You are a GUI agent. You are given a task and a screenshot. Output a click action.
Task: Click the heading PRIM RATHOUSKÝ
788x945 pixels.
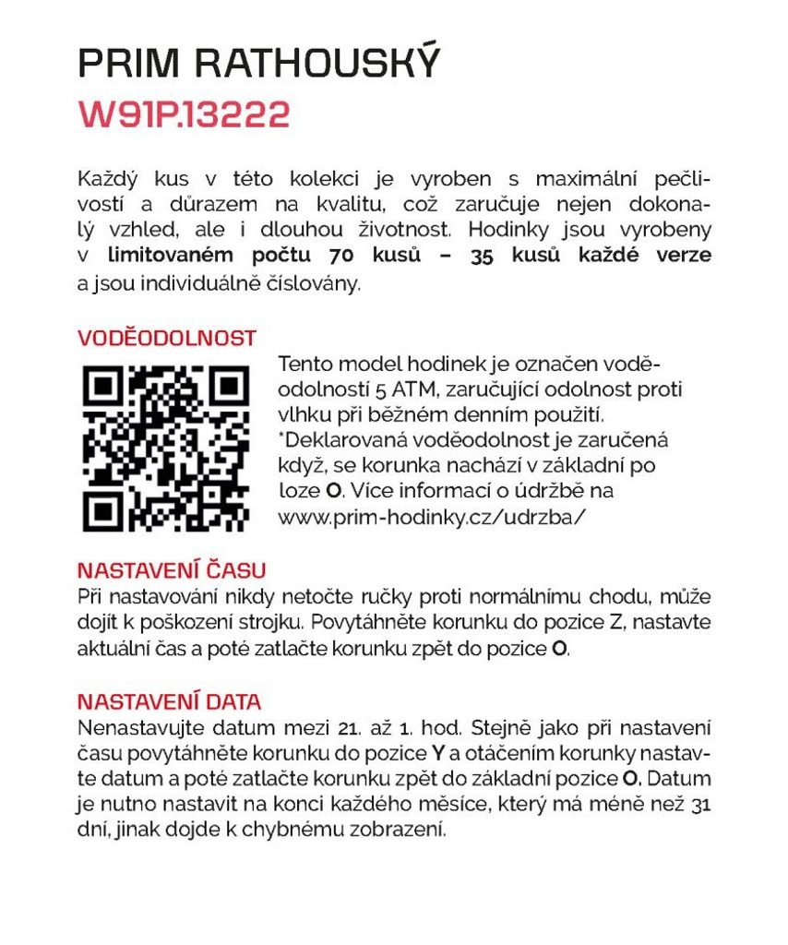point(259,63)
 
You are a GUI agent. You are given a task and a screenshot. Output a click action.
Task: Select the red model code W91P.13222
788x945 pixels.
point(185,114)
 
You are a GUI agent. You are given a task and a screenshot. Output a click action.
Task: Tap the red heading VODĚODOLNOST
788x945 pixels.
point(166,338)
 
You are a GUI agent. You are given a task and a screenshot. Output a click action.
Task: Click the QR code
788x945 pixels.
point(165,449)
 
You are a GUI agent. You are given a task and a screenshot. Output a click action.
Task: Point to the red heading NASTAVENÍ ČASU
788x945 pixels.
point(172,569)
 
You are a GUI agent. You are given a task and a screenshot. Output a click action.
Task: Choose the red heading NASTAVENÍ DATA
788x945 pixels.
point(169,700)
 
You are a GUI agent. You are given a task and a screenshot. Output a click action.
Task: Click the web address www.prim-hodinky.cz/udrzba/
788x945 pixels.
point(432,517)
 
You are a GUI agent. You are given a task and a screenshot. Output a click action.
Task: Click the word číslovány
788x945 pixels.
point(313,283)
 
